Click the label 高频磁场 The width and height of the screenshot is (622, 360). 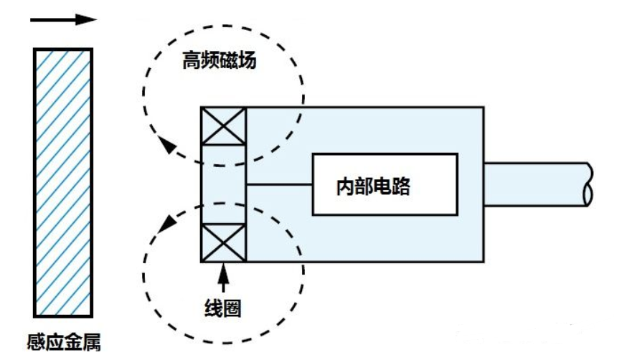coord(219,61)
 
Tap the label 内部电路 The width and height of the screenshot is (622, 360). coord(373,186)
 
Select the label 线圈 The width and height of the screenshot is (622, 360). coord(223,308)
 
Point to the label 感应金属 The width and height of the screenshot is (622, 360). coord(64,342)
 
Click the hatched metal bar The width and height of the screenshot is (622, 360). coord(63,183)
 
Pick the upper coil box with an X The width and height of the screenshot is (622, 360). coord(224,126)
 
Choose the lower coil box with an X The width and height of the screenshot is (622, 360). coord(224,242)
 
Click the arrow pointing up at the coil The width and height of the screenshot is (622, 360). coord(224,278)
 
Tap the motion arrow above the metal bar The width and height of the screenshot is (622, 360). coord(63,19)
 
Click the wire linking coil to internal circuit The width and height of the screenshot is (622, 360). coord(279,184)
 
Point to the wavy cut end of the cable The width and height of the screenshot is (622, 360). coord(589,184)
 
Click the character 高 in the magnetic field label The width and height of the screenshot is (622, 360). coord(192,61)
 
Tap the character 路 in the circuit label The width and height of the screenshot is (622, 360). coord(401,186)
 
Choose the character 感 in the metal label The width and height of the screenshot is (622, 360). coord(36,342)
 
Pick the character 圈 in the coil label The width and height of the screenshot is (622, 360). coord(232,308)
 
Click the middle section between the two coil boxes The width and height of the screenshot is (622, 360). coord(224,184)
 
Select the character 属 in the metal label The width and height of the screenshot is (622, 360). coord(92,342)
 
